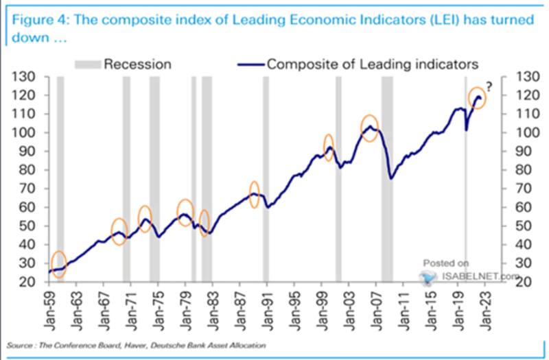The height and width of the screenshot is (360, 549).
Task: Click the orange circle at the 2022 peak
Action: coord(477,98)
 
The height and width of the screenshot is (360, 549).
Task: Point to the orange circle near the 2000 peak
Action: coord(329,147)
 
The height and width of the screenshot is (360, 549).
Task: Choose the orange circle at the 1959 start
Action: coord(59,265)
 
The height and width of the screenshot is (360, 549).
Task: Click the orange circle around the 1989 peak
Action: coord(254,194)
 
